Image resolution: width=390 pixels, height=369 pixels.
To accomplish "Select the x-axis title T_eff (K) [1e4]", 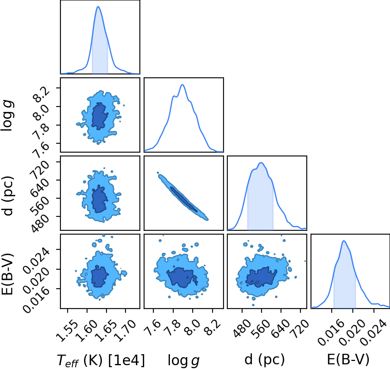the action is coord(101,360).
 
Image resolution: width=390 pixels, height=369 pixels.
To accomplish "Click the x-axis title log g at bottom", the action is coord(183,360).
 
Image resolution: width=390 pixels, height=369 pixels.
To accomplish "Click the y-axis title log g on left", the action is coord(7,115).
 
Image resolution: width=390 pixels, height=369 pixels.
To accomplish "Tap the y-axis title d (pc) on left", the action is coord(8,196).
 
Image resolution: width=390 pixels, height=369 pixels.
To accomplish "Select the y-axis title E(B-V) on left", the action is coord(8,274).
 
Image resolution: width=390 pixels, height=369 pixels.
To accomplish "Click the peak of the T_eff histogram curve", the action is coord(98,6).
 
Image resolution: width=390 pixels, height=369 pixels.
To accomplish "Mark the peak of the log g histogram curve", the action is coord(182,85).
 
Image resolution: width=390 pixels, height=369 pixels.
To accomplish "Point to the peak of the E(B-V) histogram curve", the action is coord(344,241).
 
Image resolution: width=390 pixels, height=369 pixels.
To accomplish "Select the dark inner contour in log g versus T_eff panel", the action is coord(99,116).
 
